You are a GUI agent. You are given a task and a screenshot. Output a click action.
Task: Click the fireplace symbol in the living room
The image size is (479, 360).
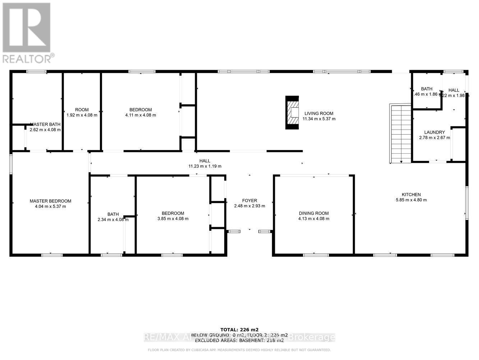(292, 112)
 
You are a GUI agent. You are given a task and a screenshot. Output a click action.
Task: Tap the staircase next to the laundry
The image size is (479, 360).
(400, 134)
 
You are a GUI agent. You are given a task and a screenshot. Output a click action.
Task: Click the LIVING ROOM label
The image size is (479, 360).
(319, 113)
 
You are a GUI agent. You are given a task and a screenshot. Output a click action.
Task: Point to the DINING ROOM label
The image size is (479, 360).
(314, 213)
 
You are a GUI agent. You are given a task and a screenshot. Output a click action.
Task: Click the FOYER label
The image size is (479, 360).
(249, 201)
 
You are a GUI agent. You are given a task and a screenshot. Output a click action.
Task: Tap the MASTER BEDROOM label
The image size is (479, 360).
(50, 201)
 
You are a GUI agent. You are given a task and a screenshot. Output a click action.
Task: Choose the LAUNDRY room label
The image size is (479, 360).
(434, 132)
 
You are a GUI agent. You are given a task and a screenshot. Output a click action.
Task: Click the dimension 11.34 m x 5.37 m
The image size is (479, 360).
(319, 119)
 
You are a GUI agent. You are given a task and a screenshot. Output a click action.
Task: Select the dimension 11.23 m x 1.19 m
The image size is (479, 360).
(205, 166)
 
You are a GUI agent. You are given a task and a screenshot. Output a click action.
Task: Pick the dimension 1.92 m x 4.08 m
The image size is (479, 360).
(82, 115)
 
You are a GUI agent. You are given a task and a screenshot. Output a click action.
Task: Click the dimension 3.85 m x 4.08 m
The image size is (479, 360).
(173, 219)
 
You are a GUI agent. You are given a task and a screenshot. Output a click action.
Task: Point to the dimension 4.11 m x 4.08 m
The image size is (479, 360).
(141, 115)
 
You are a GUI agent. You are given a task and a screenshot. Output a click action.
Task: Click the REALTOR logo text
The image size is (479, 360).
(28, 58)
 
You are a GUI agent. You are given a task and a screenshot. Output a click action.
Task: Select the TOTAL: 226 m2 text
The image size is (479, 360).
(239, 329)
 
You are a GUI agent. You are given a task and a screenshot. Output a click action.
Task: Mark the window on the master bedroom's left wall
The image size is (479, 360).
(11, 164)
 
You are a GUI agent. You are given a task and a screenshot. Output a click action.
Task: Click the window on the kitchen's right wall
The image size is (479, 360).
(467, 203)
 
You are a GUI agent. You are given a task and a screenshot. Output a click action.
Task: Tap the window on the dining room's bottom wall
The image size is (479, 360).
(316, 255)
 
